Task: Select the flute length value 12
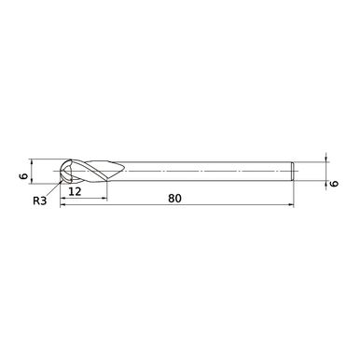(77, 191)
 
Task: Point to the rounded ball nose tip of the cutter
(62, 173)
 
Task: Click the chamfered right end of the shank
(295, 172)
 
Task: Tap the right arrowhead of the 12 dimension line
(104, 197)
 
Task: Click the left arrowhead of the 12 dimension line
(63, 197)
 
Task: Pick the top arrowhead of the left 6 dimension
(32, 160)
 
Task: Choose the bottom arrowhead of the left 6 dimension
(32, 183)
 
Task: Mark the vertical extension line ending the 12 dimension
(107, 190)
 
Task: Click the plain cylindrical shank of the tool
(205, 172)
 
